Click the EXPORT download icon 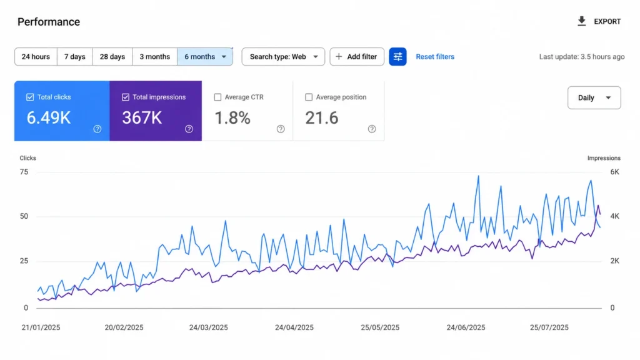click(582, 21)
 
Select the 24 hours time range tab click(36, 57)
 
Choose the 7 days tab click(75, 57)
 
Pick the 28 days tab click(112, 57)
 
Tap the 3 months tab click(155, 57)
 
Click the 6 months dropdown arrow click(224, 57)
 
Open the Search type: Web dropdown click(283, 57)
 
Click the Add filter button click(357, 57)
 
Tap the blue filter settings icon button click(397, 57)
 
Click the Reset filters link click(435, 57)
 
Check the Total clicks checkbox click(30, 97)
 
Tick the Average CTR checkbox click(217, 97)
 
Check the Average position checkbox click(309, 97)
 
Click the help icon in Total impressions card click(189, 129)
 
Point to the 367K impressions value click(142, 118)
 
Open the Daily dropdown click(594, 97)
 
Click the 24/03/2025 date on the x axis click(208, 327)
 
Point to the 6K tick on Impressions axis click(615, 172)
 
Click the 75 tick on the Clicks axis click(24, 172)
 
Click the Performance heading click(49, 22)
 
